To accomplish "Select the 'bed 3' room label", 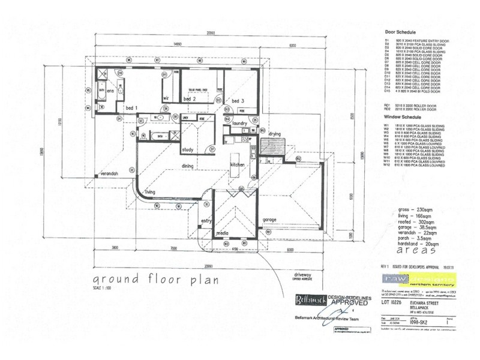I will (238, 100).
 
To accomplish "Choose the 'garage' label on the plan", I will (269, 220).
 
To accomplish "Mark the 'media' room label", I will (222, 232).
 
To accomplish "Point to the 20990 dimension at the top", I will (209, 32).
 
